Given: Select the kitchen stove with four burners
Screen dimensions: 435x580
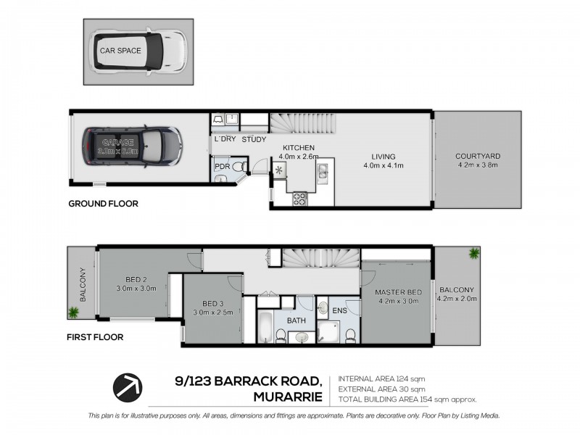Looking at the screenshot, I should point(300,199).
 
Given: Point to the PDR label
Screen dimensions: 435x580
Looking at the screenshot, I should point(222,166).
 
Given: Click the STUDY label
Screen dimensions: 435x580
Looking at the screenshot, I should point(254,139).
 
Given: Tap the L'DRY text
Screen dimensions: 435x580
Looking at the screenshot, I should point(225,139).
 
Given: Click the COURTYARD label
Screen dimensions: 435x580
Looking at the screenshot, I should point(478,156).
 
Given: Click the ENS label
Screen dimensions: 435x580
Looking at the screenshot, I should point(339,310).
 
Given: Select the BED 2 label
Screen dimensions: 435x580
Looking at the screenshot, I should point(137,279).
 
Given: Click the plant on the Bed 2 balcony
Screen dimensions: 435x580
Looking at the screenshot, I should point(74,312).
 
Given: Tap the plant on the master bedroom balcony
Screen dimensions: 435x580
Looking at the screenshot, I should point(473,253).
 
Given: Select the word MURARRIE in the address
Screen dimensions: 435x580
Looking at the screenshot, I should point(286,397).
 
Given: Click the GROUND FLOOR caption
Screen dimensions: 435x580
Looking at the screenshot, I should point(103,204).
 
